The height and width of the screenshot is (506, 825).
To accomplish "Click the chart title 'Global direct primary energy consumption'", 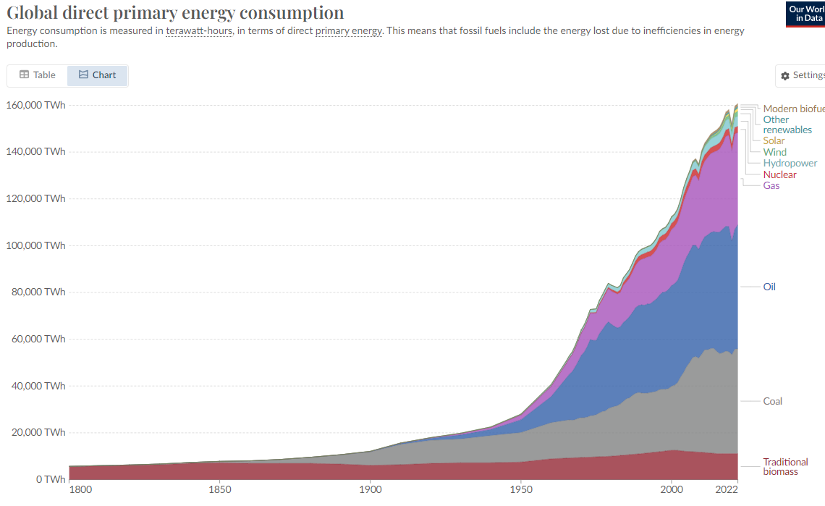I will point(175,12).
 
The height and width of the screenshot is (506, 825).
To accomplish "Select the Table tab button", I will point(38,75).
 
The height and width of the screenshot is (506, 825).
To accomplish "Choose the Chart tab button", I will point(98,75).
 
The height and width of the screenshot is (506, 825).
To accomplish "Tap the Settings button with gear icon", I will point(802,75).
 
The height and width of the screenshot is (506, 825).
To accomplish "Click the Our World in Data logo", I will point(805,14).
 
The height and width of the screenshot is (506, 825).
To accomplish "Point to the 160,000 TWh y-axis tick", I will point(36,105).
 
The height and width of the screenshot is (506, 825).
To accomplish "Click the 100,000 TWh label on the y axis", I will point(36,245).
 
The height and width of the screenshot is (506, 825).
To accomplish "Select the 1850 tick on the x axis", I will point(220,489).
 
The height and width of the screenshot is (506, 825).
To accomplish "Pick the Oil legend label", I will point(769,287).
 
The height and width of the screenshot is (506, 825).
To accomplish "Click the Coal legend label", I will point(772,401).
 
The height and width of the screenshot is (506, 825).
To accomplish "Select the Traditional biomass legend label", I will point(785,467).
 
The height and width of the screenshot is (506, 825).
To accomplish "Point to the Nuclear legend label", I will point(779,174).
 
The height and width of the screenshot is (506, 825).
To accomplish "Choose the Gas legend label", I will point(771,185).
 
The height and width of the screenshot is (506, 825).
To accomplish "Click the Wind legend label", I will point(774,152).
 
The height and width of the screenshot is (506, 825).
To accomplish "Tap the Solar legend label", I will point(774,140).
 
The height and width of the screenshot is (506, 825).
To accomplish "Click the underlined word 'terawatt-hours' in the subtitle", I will point(199,31).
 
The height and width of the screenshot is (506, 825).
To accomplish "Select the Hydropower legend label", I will point(790,164).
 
